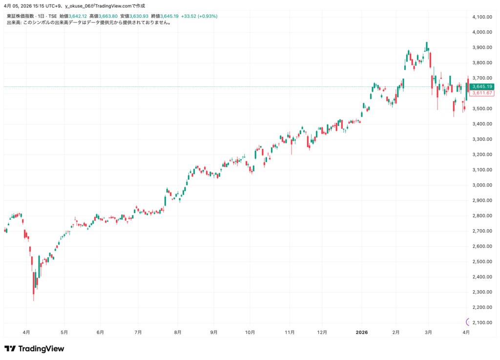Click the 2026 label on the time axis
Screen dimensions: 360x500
coord(362,332)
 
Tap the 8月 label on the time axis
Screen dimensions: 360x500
coord(178,332)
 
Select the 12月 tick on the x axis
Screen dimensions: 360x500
coord(322,332)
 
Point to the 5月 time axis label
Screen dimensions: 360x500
coord(64,332)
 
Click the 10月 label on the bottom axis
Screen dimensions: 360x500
coord(249,332)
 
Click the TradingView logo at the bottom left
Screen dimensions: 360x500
coord(34,349)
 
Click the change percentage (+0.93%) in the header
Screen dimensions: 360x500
coord(207,16)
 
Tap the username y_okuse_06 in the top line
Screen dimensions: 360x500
coord(80,6)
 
